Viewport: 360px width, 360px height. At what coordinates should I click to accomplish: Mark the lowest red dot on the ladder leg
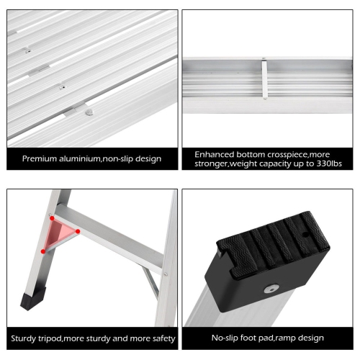(44, 251)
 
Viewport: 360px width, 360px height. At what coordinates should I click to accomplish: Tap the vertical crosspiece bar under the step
(264, 78)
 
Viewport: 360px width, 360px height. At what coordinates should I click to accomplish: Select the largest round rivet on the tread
(89, 112)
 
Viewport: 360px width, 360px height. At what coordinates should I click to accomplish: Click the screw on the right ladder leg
(165, 273)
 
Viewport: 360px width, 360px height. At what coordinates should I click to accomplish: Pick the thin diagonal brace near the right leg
(150, 280)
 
